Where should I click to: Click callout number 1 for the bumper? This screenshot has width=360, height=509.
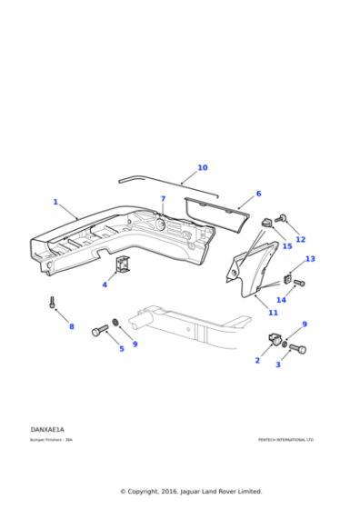pyautogui.click(x=55, y=202)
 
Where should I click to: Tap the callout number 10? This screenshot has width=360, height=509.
pyautogui.click(x=202, y=168)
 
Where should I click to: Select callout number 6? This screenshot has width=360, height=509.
pyautogui.click(x=258, y=194)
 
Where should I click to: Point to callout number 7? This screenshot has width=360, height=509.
pyautogui.click(x=163, y=199)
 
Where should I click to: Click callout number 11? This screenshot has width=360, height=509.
pyautogui.click(x=273, y=313)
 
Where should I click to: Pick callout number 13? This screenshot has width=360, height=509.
pyautogui.click(x=310, y=259)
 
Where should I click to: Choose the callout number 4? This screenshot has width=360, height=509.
pyautogui.click(x=105, y=285)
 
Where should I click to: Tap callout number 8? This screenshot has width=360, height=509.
pyautogui.click(x=72, y=326)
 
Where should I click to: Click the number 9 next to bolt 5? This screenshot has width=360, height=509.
pyautogui.click(x=135, y=344)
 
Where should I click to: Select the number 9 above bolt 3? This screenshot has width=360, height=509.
pyautogui.click(x=305, y=324)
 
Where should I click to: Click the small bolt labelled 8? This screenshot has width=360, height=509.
pyautogui.click(x=53, y=303)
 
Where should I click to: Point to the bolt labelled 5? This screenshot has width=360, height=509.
pyautogui.click(x=98, y=332)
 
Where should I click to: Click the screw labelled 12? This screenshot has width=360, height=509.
pyautogui.click(x=282, y=218)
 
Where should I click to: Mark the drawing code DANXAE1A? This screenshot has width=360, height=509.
pyautogui.click(x=47, y=429)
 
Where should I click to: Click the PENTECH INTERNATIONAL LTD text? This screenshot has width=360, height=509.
pyautogui.click(x=285, y=439)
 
